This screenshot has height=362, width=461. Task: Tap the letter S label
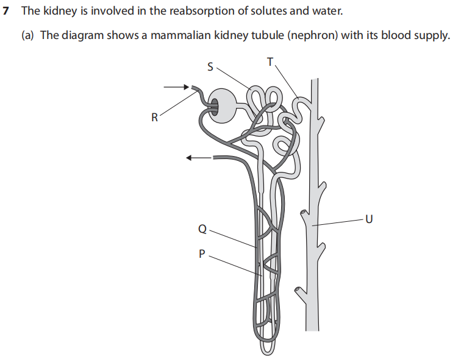pos(210,67)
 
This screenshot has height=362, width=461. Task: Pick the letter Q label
pos(202,230)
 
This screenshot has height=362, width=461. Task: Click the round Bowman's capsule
pos(223,104)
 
